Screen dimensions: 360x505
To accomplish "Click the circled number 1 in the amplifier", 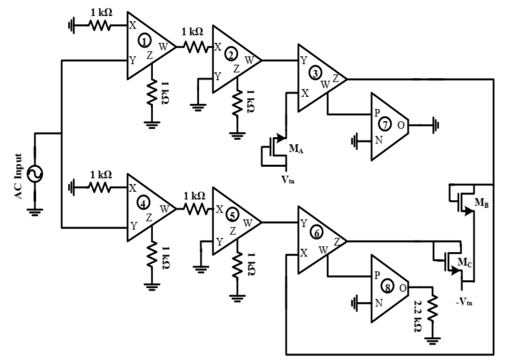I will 143,40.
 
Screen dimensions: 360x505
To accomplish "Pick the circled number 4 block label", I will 143,202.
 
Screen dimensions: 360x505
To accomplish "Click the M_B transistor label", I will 481,203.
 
